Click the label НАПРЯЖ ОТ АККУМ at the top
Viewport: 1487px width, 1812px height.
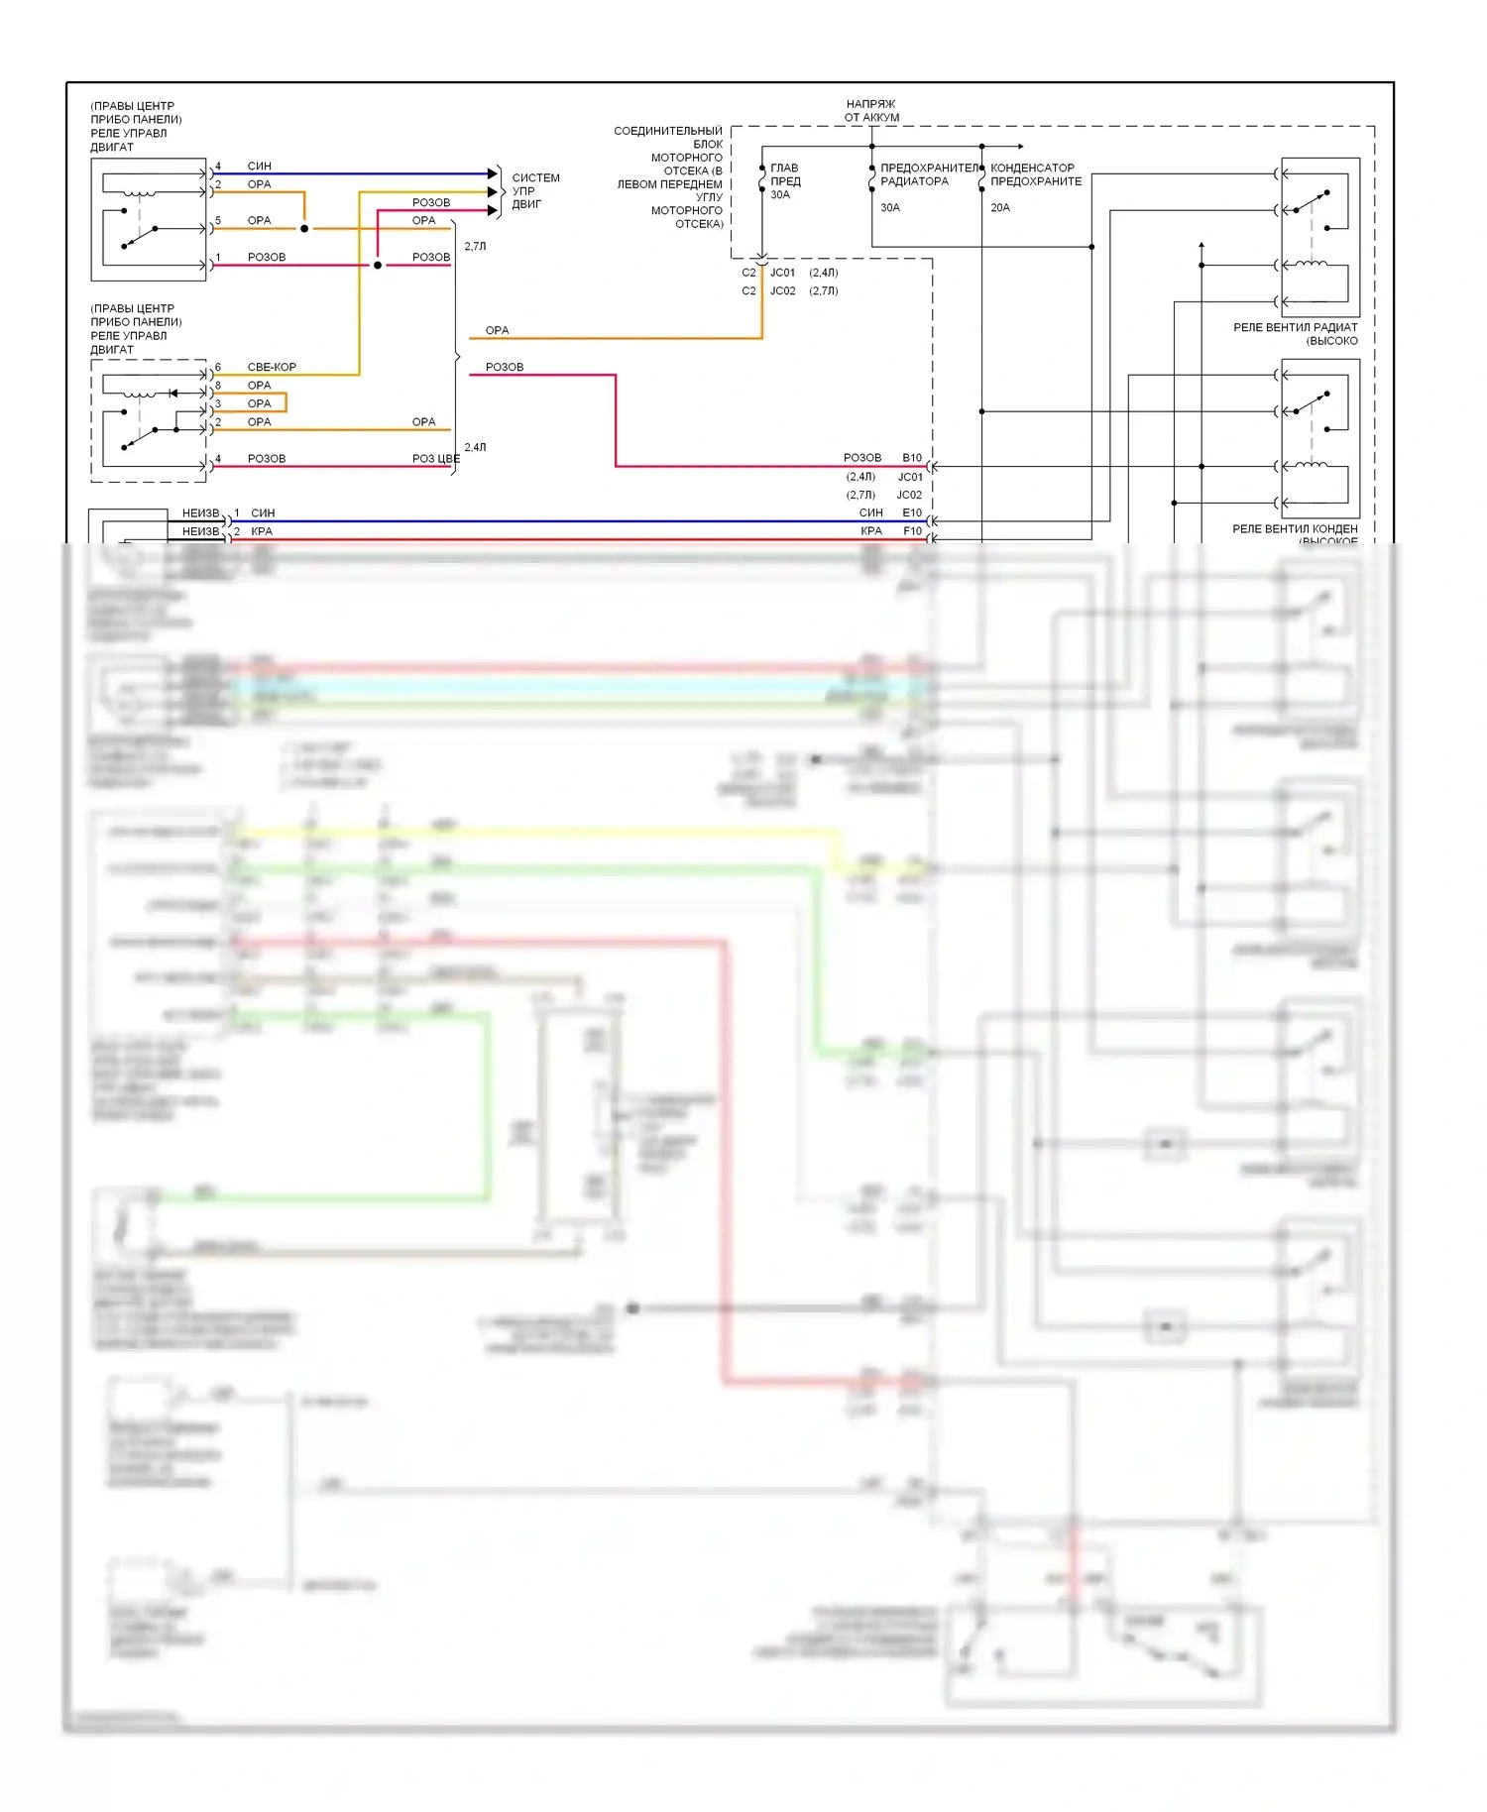tap(871, 110)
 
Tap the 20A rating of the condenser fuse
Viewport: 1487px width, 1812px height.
tap(999, 208)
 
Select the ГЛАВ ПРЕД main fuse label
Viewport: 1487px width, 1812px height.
tap(785, 175)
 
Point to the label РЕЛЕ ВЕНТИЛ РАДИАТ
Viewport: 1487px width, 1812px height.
tap(1295, 328)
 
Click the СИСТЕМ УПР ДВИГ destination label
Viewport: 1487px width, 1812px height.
tap(535, 191)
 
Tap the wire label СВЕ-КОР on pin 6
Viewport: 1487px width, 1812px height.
tap(272, 368)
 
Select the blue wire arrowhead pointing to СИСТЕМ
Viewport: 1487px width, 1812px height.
tap(492, 173)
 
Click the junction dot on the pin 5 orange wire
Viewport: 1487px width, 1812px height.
tap(304, 229)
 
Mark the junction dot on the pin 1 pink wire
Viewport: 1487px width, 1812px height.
tap(378, 266)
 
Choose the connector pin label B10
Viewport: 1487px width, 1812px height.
tap(912, 458)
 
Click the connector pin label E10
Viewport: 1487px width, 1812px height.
tap(912, 513)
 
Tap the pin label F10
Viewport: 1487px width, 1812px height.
tap(912, 531)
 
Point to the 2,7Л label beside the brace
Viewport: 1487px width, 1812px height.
tap(476, 247)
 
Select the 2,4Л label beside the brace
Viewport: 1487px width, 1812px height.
tap(476, 448)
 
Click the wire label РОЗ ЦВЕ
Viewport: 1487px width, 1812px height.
tap(435, 459)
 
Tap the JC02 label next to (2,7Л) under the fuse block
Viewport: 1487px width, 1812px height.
tap(783, 291)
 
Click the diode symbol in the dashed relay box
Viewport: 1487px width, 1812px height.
tap(173, 394)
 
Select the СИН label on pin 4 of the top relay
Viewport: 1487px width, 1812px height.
tap(260, 167)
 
